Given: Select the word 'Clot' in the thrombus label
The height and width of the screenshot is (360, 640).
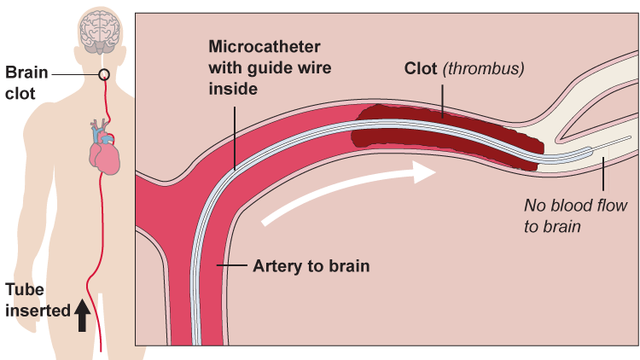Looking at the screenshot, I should [422, 67].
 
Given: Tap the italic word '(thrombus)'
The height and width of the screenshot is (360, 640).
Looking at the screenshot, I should [483, 67].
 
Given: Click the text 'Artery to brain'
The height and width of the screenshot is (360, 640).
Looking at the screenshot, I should [311, 266].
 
